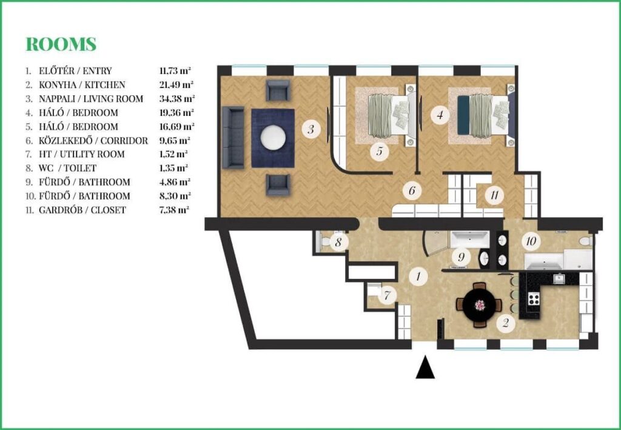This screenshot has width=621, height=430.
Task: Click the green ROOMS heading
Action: pyautogui.click(x=61, y=44)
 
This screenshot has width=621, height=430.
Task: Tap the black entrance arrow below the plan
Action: pyautogui.click(x=425, y=367)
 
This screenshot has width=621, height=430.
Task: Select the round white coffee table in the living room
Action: pyautogui.click(x=273, y=138)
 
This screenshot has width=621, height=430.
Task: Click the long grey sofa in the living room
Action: pyautogui.click(x=233, y=138)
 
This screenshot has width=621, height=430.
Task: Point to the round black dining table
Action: pyautogui.click(x=480, y=305)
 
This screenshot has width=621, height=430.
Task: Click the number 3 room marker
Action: pyautogui.click(x=311, y=129)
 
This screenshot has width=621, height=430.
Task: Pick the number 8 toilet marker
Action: pyautogui.click(x=338, y=241)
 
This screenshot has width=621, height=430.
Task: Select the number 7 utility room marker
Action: pyautogui.click(x=388, y=295)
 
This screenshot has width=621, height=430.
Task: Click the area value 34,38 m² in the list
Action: pyautogui.click(x=176, y=99)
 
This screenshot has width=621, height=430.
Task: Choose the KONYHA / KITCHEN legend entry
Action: pyautogui.click(x=82, y=85)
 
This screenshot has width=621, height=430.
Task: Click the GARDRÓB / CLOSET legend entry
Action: pyautogui.click(x=82, y=210)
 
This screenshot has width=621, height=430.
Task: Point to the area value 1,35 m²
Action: pyautogui.click(x=173, y=168)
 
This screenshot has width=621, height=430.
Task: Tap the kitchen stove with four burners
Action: pyautogui.click(x=534, y=298)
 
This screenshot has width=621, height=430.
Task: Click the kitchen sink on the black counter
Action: pyautogui.click(x=559, y=279)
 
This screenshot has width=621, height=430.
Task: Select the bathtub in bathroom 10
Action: pyautogui.click(x=544, y=261)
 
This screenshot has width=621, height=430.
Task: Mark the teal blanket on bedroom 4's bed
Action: pyautogui.click(x=463, y=115)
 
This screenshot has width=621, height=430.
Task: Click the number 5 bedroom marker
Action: pyautogui.click(x=380, y=151)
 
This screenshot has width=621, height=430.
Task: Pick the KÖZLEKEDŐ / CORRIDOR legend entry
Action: pyautogui.click(x=93, y=141)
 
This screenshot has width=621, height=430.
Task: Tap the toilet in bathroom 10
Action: pyautogui.click(x=585, y=240)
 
